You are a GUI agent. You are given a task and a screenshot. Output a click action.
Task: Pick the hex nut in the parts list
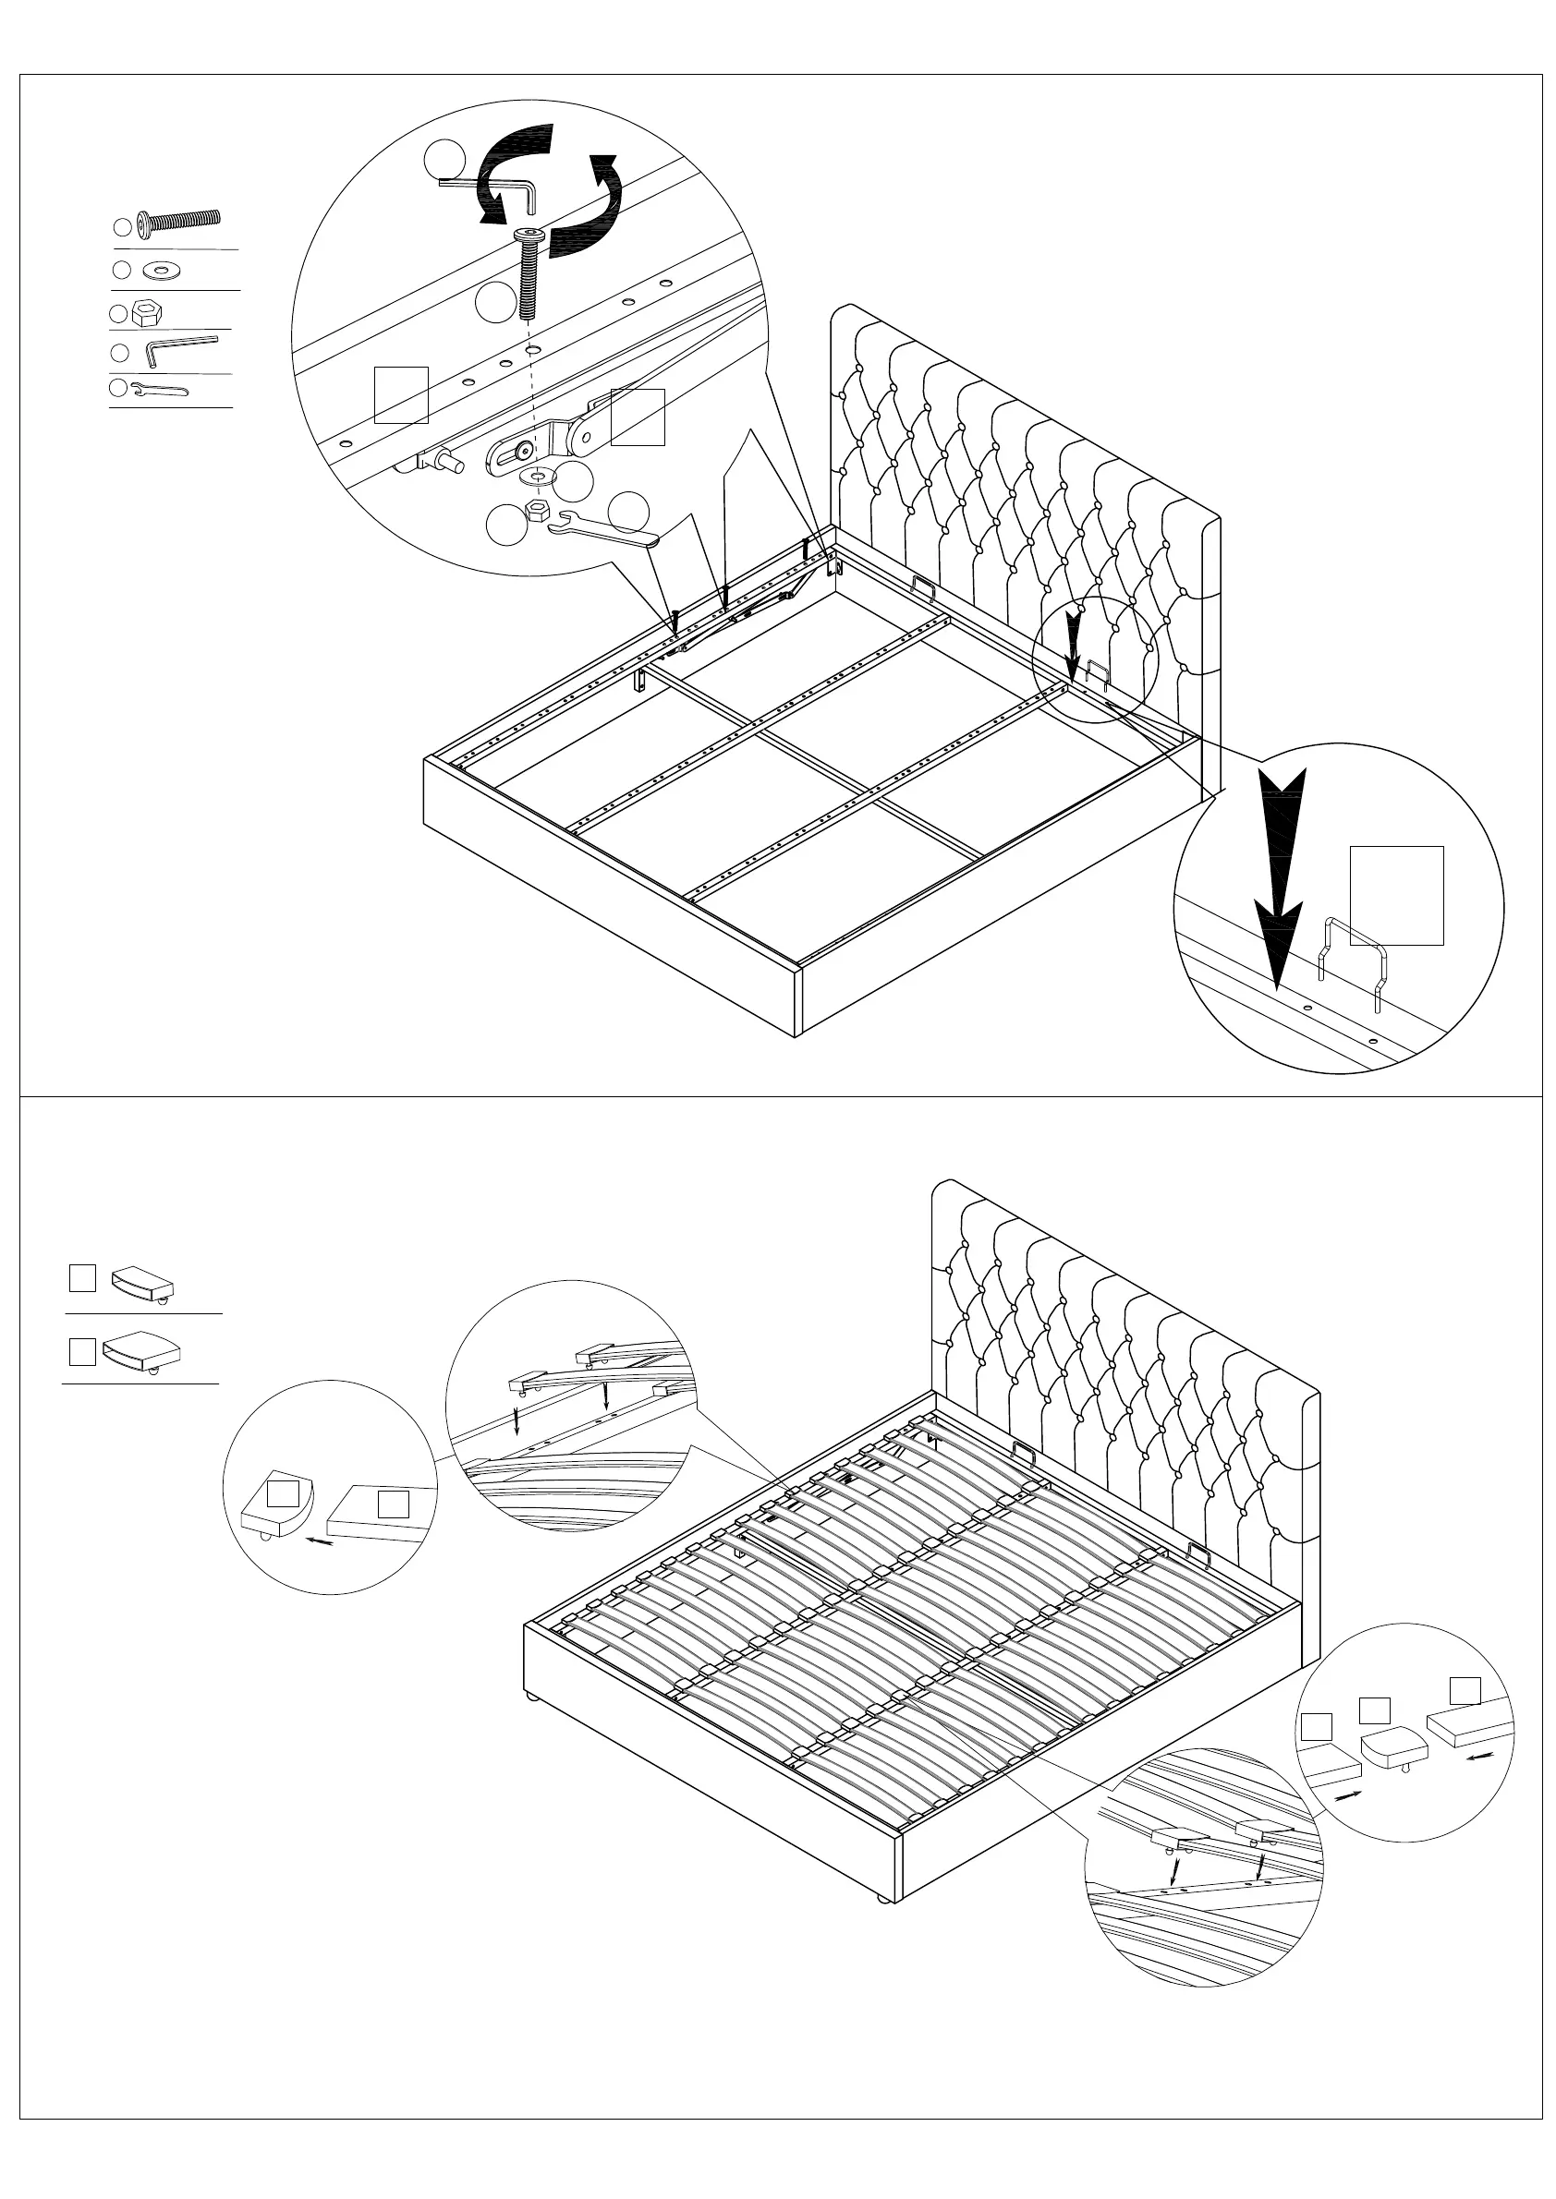click(147, 310)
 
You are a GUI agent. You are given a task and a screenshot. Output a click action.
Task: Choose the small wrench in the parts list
click(159, 389)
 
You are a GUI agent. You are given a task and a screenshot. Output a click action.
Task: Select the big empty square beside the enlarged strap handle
click(1396, 896)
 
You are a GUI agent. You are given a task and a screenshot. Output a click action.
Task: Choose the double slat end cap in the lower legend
click(141, 1349)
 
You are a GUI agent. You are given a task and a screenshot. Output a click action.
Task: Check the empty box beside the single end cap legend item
click(82, 1277)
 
